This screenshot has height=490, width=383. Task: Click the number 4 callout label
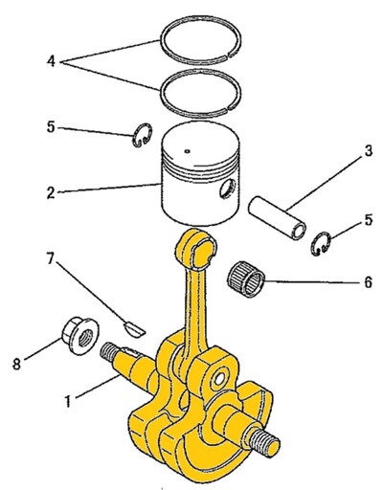pyautogui.click(x=51, y=60)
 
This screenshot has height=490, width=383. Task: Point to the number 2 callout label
pyautogui.click(x=51, y=192)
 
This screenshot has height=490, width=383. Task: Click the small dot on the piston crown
pyautogui.click(x=188, y=151)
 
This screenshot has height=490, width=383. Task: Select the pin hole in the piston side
pyautogui.click(x=228, y=189)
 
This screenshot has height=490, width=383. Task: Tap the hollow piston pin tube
pyautogui.click(x=277, y=218)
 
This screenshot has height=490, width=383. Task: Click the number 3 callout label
pyautogui.click(x=369, y=151)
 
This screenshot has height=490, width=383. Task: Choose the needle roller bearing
pyautogui.click(x=246, y=278)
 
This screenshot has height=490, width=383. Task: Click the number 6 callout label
pyautogui.click(x=369, y=282)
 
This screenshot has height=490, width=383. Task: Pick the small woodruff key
pyautogui.click(x=134, y=329)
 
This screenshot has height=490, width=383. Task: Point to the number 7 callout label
pyautogui.click(x=50, y=259)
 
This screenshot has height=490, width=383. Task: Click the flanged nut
pyautogui.click(x=80, y=336)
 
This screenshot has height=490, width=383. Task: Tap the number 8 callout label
pyautogui.click(x=17, y=364)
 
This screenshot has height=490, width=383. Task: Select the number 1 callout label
pyautogui.click(x=68, y=401)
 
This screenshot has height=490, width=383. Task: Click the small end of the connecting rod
pyautogui.click(x=196, y=249)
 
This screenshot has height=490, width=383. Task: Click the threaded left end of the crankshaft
pyautogui.click(x=109, y=353)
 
